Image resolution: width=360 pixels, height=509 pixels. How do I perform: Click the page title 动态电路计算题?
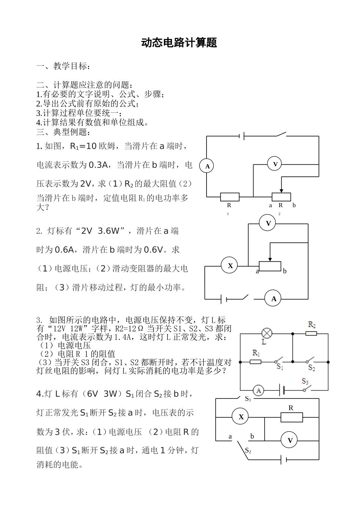[x=179, y=43]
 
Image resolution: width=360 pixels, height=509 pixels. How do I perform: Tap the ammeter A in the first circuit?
[x=207, y=166]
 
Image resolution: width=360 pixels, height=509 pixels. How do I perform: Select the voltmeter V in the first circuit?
[x=275, y=164]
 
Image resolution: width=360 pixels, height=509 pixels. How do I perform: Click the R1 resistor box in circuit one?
[x=230, y=197]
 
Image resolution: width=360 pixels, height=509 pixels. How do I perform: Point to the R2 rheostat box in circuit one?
[x=281, y=197]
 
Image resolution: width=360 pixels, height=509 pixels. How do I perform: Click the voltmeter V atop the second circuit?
[x=268, y=223]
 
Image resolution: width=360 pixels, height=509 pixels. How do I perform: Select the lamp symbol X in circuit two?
[x=230, y=265]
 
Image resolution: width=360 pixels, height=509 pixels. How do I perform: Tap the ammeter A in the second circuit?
[x=273, y=299]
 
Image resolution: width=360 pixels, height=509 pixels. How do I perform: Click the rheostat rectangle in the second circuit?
[x=269, y=267]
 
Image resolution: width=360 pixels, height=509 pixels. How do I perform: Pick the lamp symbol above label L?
[x=267, y=333]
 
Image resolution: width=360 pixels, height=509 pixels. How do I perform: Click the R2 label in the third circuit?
[x=312, y=325]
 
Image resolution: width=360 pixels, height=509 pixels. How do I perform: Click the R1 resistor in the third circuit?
[x=256, y=362]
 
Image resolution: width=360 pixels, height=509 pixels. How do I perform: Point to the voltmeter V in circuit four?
[x=290, y=440]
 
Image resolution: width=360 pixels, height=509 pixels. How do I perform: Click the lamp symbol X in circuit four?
[x=241, y=417]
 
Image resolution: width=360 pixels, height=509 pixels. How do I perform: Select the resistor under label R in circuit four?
[x=291, y=417]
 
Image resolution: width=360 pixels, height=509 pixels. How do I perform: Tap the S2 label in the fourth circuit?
[x=248, y=451]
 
